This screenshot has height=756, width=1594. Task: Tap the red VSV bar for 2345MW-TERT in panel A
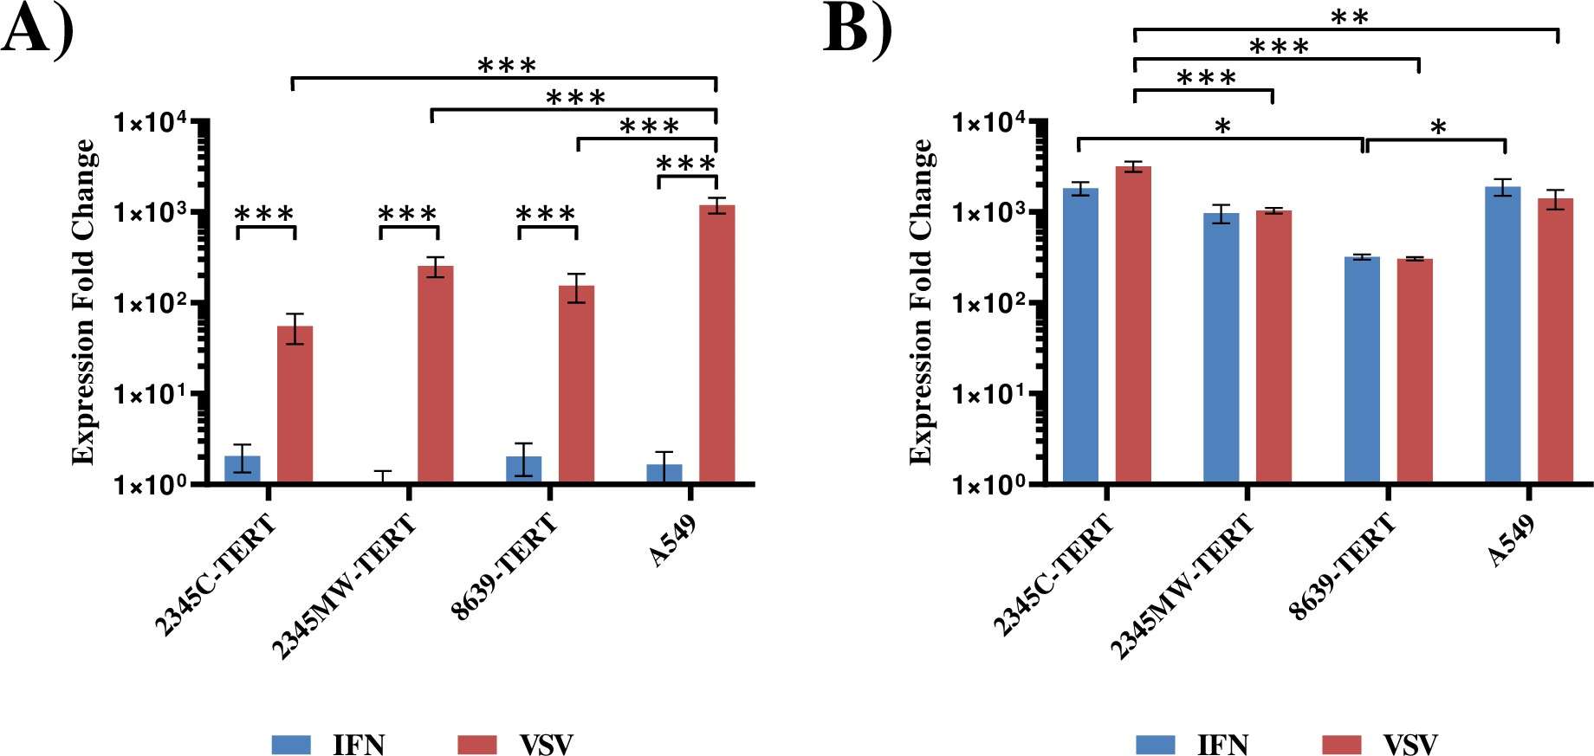tap(435, 373)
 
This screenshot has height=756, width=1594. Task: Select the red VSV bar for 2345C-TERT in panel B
tap(1133, 324)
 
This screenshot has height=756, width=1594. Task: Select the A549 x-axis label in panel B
tap(1512, 540)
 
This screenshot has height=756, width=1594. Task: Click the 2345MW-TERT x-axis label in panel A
tap(344, 585)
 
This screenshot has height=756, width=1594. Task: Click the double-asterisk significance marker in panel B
tap(1349, 18)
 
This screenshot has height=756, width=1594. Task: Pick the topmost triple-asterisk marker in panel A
tap(507, 66)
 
